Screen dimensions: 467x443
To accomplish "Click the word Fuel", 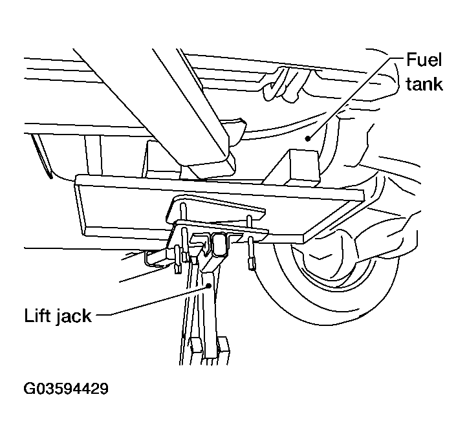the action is (424, 59).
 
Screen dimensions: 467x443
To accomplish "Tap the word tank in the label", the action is (424, 83).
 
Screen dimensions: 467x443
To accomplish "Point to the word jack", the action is (74, 316).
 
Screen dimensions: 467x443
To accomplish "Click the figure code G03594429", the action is (66, 389).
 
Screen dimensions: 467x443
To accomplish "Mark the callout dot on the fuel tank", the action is (308, 138).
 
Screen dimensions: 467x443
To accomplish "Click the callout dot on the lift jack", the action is (209, 286).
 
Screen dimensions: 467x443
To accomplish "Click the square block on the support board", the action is (304, 167).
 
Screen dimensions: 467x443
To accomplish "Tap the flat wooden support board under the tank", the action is (219, 208).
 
